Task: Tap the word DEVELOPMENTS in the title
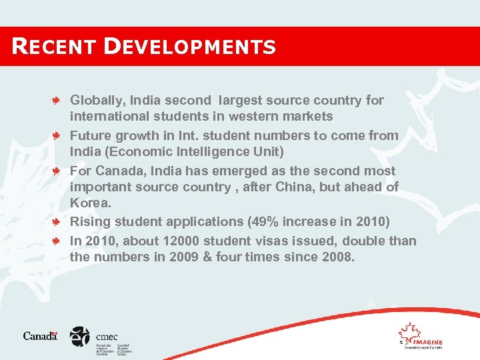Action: pyautogui.click(x=190, y=47)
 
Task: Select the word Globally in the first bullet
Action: pyautogui.click(x=97, y=101)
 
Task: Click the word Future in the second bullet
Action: pyautogui.click(x=91, y=136)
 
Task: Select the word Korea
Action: pyautogui.click(x=90, y=203)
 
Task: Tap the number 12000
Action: pyautogui.click(x=178, y=241)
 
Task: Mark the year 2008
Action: pyautogui.click(x=335, y=257)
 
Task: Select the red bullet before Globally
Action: pyautogui.click(x=59, y=101)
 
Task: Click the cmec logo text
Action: pyautogui.click(x=107, y=337)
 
